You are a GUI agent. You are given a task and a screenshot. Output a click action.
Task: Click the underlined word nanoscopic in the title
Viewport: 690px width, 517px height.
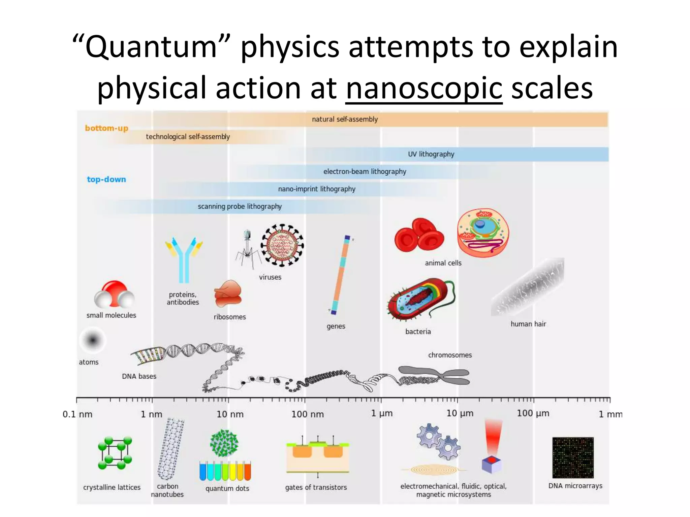coord(424,88)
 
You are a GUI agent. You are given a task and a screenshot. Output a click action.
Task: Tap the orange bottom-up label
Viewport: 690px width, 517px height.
coord(106,128)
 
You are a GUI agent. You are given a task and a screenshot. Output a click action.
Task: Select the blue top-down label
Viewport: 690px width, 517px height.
coord(106,179)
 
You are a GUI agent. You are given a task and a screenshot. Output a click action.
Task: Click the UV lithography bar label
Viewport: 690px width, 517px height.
coord(431,154)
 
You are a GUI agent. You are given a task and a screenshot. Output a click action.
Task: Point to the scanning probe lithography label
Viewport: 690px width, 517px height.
coord(240,206)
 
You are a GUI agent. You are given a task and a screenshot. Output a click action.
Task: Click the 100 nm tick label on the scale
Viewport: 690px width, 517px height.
coord(307,414)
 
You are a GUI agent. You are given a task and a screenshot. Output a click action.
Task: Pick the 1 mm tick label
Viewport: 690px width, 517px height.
coord(610,414)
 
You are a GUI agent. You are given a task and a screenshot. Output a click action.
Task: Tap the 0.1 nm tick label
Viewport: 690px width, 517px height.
coord(77,414)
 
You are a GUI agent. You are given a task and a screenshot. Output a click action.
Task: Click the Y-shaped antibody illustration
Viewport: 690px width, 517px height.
coord(184,259)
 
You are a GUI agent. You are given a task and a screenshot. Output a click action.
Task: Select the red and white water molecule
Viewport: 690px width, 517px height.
coord(114,295)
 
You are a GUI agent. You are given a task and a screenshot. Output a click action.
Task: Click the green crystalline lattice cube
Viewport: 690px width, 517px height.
coord(115,453)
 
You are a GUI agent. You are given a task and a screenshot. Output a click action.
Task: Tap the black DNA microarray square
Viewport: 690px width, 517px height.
coord(573,457)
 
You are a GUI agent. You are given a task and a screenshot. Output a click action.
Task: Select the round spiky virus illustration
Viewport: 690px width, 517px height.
coord(282,245)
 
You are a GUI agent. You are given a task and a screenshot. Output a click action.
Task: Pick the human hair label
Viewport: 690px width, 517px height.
coord(528,324)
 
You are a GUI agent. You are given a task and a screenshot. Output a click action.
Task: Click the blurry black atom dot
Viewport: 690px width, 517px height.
coord(93,340)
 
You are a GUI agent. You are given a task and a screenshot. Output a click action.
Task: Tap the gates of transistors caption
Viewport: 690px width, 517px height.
coord(316,487)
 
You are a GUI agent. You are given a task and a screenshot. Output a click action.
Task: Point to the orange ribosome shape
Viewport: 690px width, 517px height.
coord(228,294)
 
